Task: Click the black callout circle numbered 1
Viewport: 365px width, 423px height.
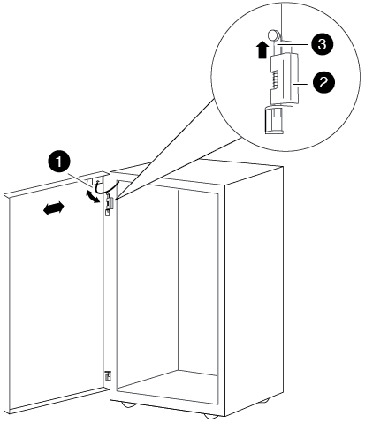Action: click(x=59, y=162)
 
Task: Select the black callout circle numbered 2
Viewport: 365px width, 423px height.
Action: click(x=323, y=82)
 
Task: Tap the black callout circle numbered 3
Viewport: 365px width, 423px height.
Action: click(x=322, y=45)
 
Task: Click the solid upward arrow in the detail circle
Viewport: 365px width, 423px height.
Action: click(x=262, y=50)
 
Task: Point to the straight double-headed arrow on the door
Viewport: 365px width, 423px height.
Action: click(x=54, y=208)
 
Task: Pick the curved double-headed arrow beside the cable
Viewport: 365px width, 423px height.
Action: click(x=93, y=196)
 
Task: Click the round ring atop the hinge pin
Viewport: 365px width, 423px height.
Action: click(x=273, y=35)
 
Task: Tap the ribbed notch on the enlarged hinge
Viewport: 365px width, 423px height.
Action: click(x=275, y=79)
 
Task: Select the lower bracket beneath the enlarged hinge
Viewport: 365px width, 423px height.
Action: click(x=275, y=120)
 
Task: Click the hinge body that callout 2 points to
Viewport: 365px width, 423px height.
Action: click(x=285, y=78)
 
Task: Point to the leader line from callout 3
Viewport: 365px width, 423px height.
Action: click(x=293, y=45)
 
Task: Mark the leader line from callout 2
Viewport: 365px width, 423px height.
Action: click(x=303, y=83)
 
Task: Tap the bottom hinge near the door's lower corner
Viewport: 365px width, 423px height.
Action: click(x=108, y=376)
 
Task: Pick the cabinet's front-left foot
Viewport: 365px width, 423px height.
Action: click(x=128, y=405)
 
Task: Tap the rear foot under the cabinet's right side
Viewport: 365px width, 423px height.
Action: click(x=263, y=401)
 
